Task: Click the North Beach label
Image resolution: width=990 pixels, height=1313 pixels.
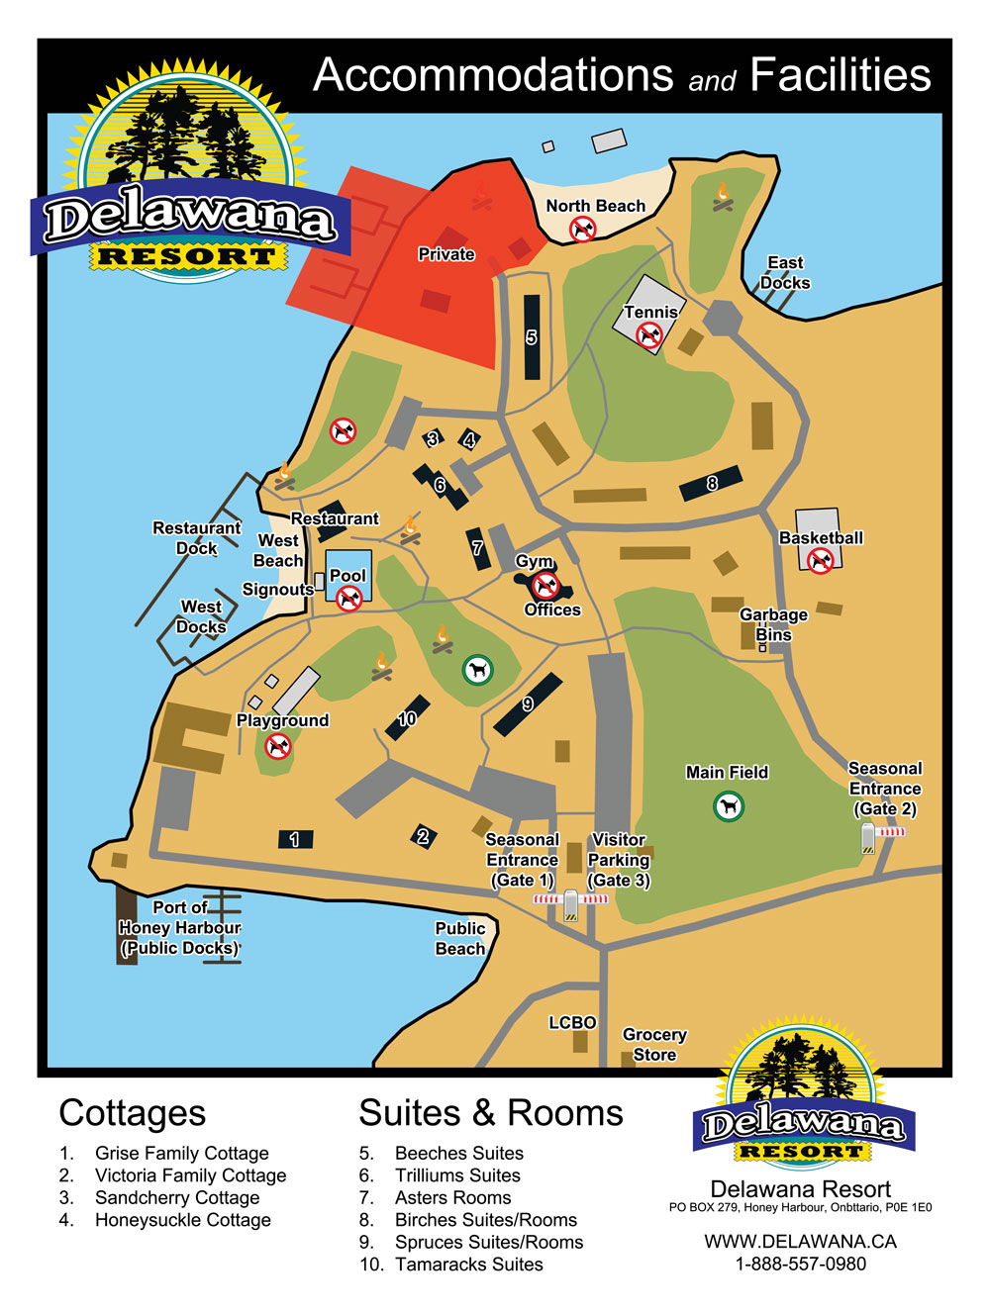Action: [x=595, y=206]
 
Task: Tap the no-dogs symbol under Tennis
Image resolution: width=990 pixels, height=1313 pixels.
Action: [x=649, y=335]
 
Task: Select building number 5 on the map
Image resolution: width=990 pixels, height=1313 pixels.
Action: [x=532, y=337]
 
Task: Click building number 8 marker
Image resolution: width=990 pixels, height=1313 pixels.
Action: [x=712, y=484]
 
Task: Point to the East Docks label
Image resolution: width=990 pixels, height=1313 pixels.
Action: [x=785, y=272]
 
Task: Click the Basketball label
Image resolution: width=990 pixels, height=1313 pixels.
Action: [x=821, y=538]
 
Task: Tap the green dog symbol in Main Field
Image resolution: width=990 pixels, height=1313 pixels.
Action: [x=729, y=807]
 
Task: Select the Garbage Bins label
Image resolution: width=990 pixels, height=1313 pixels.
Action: [x=773, y=624]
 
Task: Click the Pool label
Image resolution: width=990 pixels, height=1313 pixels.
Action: [x=347, y=575]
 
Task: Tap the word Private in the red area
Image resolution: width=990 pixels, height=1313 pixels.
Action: [x=445, y=254]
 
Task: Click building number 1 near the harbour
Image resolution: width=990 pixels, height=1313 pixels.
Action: [x=295, y=839]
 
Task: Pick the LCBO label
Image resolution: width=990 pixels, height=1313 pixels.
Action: [x=572, y=1022]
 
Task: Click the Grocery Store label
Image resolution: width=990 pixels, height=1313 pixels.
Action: [x=654, y=1044]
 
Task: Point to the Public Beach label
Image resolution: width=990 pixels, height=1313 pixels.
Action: [x=460, y=938]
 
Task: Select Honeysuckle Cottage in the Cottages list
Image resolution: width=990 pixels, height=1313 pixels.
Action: [x=182, y=1220]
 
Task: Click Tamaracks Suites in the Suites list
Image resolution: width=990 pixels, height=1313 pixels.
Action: [x=468, y=1265]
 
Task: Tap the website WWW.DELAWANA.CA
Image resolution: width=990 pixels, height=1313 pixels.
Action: [x=800, y=1242]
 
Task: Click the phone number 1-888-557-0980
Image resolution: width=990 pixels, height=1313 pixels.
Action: [x=800, y=1264]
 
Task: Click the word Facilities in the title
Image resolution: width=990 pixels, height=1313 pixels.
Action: [x=840, y=75]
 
